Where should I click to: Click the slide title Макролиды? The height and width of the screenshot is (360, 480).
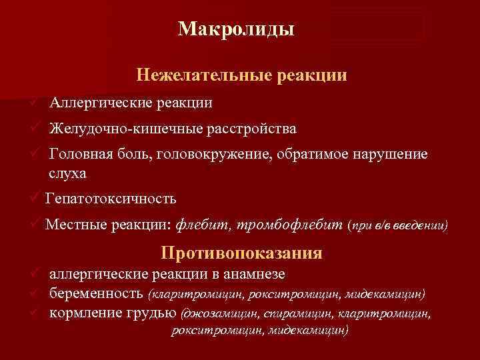click(x=237, y=29)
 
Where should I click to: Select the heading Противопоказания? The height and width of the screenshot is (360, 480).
click(x=241, y=253)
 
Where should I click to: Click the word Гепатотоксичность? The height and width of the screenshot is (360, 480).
click(x=111, y=198)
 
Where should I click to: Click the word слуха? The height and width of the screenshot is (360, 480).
click(x=67, y=173)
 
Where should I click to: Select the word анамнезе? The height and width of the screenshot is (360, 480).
click(x=257, y=274)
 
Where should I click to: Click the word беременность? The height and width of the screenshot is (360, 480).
click(x=96, y=293)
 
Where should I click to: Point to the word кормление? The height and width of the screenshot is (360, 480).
click(x=85, y=311)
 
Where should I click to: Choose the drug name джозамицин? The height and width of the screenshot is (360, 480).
click(x=217, y=312)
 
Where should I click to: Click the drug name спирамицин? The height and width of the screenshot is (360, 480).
click(x=293, y=312)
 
